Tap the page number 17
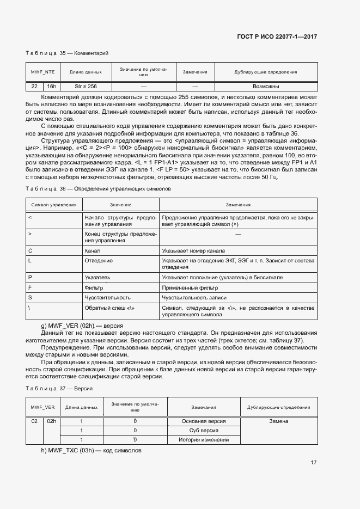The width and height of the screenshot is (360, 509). pyautogui.click(x=314, y=462)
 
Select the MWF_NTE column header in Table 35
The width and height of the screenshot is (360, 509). pyautogui.click(x=42, y=72)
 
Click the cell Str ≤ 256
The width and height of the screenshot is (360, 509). pyautogui.click(x=86, y=87)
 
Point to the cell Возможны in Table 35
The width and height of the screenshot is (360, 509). pyautogui.click(x=266, y=87)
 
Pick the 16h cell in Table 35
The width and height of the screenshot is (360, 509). pyautogui.click(x=51, y=87)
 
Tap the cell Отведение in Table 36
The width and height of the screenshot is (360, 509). pyautogui.click(x=99, y=261)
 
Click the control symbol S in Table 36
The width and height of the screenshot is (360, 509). pyautogui.click(x=29, y=298)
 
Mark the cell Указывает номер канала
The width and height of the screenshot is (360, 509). pyautogui.click(x=193, y=251)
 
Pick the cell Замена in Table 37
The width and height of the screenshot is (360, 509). pyautogui.click(x=278, y=421)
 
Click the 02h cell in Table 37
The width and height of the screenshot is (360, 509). pyautogui.click(x=51, y=421)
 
